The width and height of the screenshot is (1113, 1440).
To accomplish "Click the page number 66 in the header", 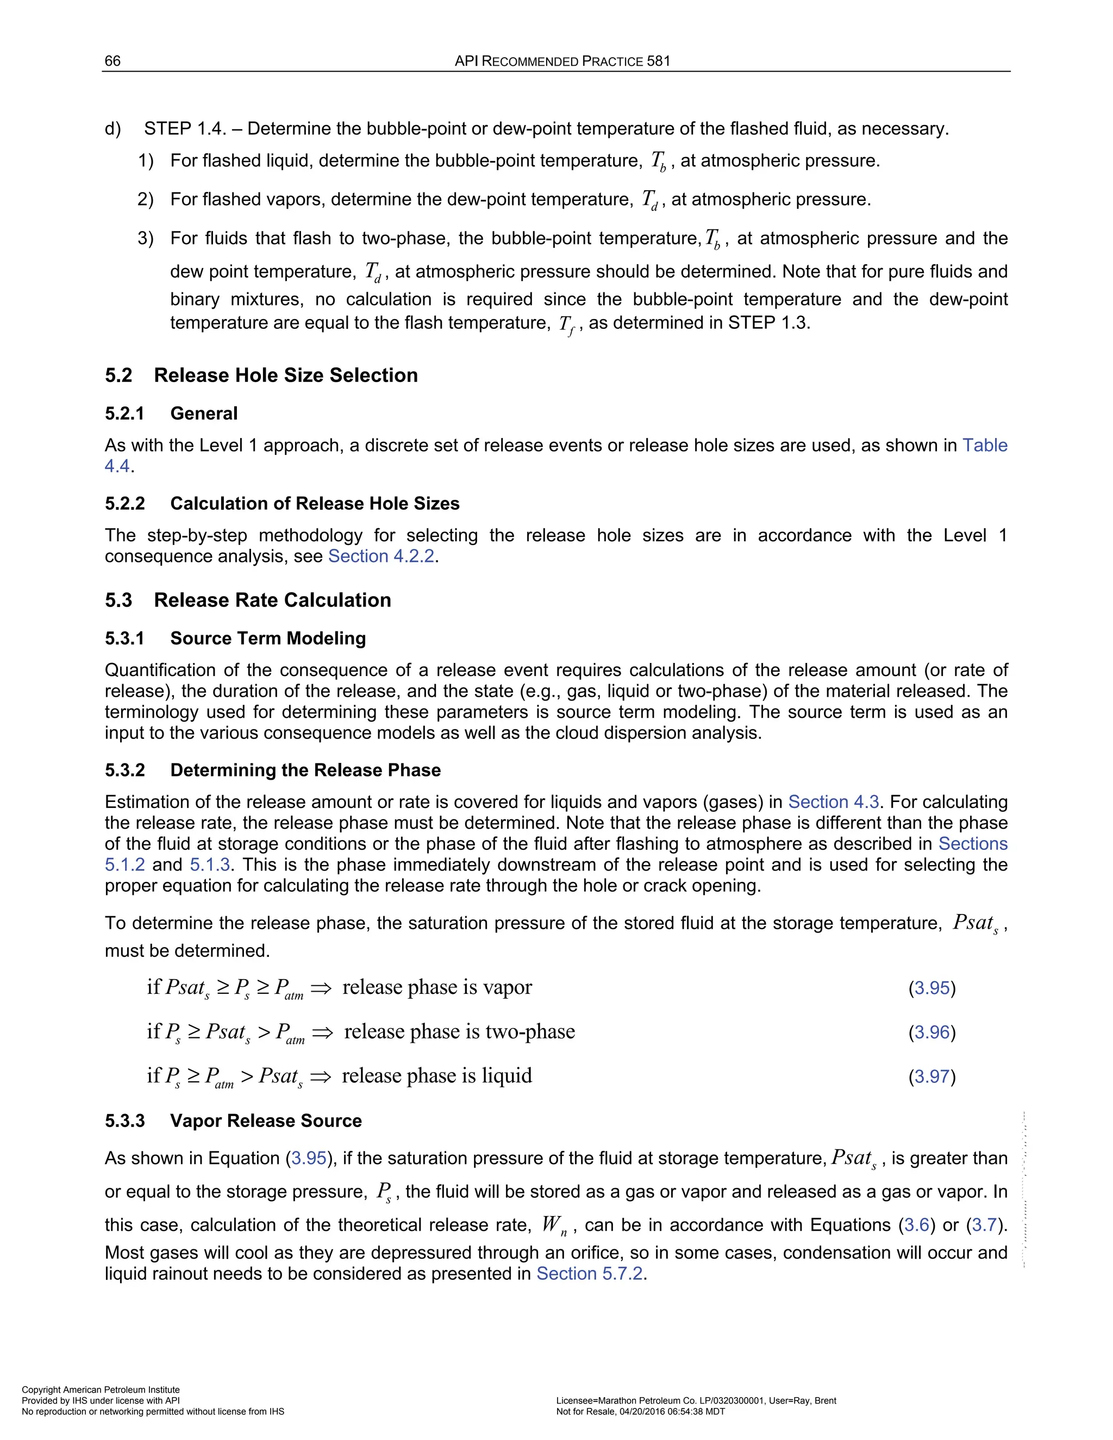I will pyautogui.click(x=112, y=61).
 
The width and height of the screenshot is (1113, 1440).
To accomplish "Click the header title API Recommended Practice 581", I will pyautogui.click(x=562, y=61).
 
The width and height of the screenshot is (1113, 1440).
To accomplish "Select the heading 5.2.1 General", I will pyautogui.click(x=171, y=414).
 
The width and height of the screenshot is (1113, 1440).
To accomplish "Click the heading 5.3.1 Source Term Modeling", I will pyautogui.click(x=235, y=638).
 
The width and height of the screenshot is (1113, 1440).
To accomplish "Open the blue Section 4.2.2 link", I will pyautogui.click(x=381, y=556).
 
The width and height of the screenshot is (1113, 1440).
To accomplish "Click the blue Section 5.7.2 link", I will pyautogui.click(x=590, y=1273).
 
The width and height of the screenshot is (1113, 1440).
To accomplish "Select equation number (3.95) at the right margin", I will pyautogui.click(x=931, y=988).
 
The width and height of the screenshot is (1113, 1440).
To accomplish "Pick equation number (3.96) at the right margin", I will pyautogui.click(x=931, y=1032).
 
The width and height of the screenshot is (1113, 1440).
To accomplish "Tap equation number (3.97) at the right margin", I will pyautogui.click(x=931, y=1076).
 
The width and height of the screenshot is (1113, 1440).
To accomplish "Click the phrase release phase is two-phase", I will pyautogui.click(x=460, y=1031).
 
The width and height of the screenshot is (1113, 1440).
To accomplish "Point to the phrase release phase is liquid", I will pyautogui.click(x=436, y=1075).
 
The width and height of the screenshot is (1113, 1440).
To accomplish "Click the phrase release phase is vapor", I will pyautogui.click(x=437, y=987).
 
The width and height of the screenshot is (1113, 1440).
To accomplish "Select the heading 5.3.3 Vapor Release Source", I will pyautogui.click(x=233, y=1121).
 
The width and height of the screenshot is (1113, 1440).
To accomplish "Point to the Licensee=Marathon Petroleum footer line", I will pyautogui.click(x=696, y=1400).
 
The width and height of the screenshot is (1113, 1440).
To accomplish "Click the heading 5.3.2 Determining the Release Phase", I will pyautogui.click(x=273, y=770).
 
